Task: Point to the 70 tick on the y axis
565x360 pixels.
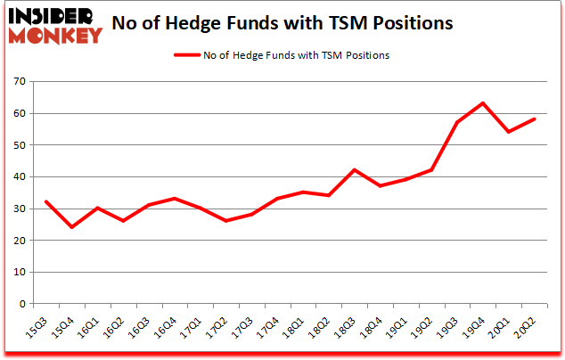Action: click(20, 82)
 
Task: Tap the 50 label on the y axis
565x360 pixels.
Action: click(20, 145)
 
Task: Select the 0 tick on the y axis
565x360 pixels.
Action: click(22, 304)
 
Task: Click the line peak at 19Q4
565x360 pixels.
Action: click(482, 103)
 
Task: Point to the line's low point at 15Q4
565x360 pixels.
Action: click(71, 227)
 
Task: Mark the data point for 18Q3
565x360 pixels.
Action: click(354, 170)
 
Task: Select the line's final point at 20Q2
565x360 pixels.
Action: click(534, 119)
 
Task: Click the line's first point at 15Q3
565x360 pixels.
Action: click(45, 201)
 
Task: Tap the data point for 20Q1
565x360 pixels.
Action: click(508, 132)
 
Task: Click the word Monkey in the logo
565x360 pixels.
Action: click(55, 36)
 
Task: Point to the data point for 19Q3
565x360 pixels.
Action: click(457, 123)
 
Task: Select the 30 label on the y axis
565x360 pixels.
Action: click(20, 209)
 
